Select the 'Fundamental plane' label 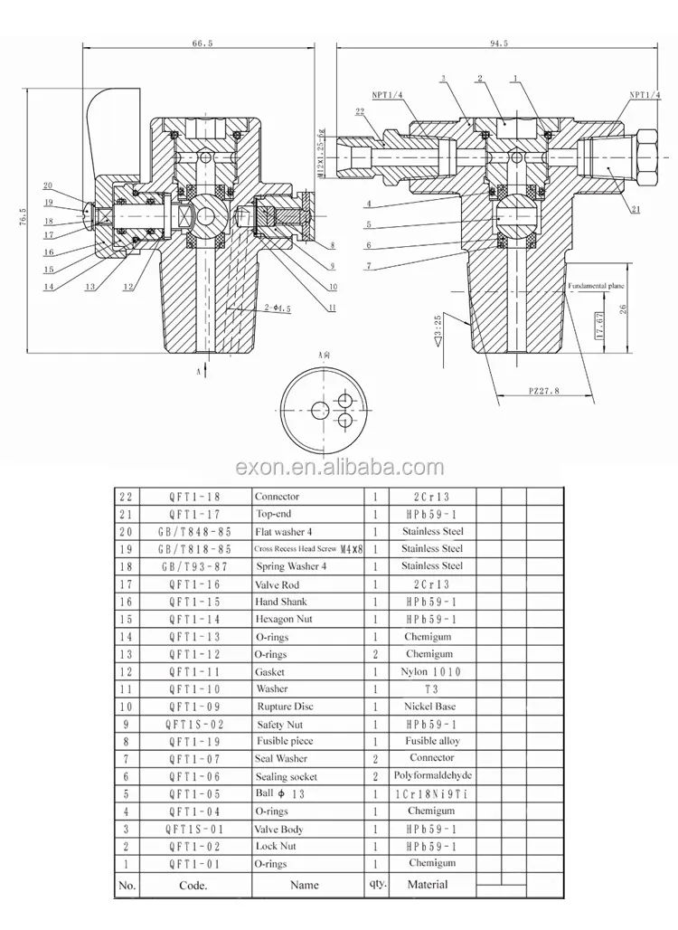pos(597,285)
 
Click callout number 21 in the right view pos(636,209)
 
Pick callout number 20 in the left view pos(47,185)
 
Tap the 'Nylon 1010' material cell pos(431,672)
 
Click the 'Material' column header pos(428,884)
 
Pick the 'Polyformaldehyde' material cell pos(432,776)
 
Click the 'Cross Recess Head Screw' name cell pos(308,549)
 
